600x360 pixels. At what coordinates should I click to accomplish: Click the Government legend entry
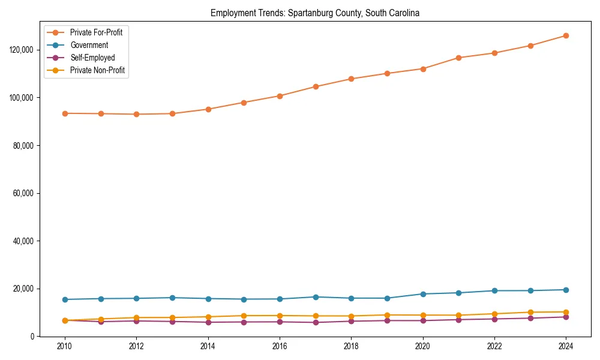click(89, 45)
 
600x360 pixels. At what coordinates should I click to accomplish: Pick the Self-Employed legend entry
click(92, 58)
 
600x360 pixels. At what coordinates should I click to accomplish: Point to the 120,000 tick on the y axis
click(24, 50)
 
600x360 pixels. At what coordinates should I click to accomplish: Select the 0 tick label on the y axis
click(34, 337)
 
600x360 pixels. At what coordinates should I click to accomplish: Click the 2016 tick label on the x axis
click(280, 347)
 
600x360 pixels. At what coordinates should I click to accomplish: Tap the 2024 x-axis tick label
click(566, 347)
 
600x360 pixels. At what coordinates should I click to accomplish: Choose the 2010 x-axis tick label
click(65, 347)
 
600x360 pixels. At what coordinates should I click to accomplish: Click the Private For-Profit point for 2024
click(566, 35)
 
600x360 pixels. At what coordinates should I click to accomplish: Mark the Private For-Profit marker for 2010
click(65, 113)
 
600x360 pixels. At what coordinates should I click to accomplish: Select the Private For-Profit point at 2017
click(316, 86)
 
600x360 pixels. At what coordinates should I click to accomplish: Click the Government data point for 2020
click(423, 294)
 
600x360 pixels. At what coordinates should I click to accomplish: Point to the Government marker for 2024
click(566, 290)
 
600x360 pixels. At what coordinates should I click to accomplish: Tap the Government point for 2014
click(208, 299)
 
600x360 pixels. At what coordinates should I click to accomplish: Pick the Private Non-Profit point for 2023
click(530, 312)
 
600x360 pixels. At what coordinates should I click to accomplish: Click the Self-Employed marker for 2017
click(316, 323)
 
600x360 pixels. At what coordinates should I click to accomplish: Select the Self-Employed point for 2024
click(566, 317)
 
